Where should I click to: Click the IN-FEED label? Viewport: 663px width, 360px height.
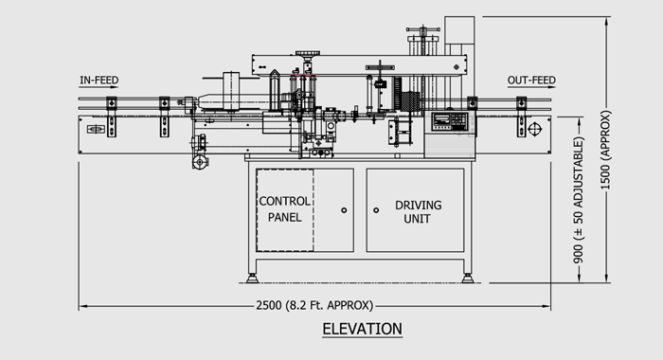pyautogui.click(x=99, y=80)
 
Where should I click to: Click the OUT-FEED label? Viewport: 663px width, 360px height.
pyautogui.click(x=531, y=80)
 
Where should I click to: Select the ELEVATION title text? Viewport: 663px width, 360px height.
pyautogui.click(x=363, y=329)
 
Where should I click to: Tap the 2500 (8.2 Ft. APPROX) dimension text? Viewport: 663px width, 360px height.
pyautogui.click(x=314, y=305)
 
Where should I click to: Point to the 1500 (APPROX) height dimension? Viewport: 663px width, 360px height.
pyautogui.click(x=606, y=150)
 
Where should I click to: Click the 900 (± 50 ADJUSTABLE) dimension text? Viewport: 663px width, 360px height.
pyautogui.click(x=579, y=200)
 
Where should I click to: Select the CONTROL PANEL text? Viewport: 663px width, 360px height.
pyautogui.click(x=284, y=209)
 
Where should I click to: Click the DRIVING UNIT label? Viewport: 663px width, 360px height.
pyautogui.click(x=418, y=211)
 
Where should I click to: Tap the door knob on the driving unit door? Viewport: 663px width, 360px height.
pyautogui.click(x=376, y=209)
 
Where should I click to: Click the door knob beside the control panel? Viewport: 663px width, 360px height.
pyautogui.click(x=344, y=209)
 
